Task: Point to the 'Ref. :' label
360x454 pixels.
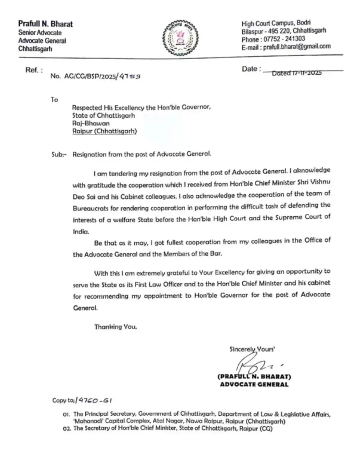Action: (33, 70)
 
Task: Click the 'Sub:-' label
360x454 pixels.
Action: (60, 154)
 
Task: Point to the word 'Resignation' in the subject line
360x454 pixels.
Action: (90, 154)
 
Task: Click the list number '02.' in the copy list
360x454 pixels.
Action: (65, 430)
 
